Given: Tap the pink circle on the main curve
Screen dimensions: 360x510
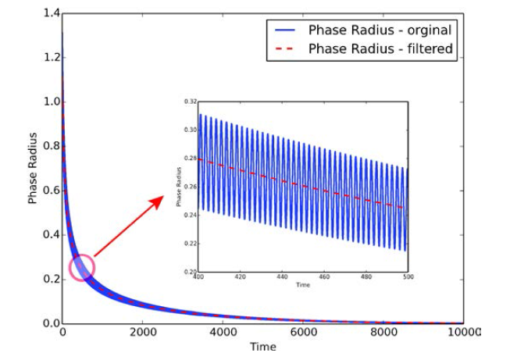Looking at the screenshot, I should click(x=81, y=268).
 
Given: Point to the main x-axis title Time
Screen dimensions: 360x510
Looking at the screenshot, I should click(x=262, y=346).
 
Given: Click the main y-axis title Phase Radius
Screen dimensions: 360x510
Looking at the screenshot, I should click(x=34, y=169).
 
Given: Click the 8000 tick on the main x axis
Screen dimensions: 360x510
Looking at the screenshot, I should click(x=383, y=332).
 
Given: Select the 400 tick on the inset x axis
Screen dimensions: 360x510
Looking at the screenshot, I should click(x=198, y=276).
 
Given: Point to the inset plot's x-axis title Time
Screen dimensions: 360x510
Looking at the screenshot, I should click(x=303, y=285).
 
